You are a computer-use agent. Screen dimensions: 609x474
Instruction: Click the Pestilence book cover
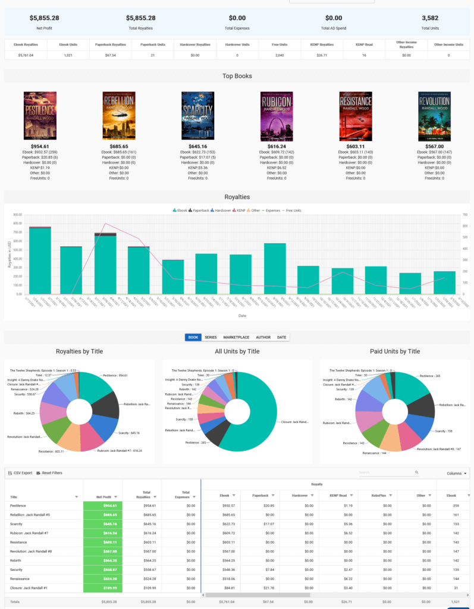pyautogui.click(x=40, y=115)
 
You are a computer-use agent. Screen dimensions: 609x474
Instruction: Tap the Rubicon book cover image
pyautogui.click(x=277, y=115)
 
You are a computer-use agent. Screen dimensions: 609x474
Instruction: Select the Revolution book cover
pyautogui.click(x=434, y=115)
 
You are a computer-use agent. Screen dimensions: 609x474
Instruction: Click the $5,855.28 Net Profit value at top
pyautogui.click(x=44, y=18)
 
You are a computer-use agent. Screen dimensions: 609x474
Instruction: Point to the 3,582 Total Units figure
pyautogui.click(x=429, y=18)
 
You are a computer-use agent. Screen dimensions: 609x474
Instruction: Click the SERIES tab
pyautogui.click(x=211, y=337)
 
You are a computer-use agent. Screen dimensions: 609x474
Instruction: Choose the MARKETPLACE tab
pyautogui.click(x=236, y=337)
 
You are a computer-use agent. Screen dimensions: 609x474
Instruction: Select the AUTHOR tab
pyautogui.click(x=263, y=337)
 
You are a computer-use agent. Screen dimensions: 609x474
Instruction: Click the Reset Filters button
pyautogui.click(x=49, y=473)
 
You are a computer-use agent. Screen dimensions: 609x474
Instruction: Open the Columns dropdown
pyautogui.click(x=456, y=473)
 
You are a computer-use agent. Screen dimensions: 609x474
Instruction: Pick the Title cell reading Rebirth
pyautogui.click(x=17, y=560)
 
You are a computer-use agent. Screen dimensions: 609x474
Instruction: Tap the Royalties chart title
pyautogui.click(x=237, y=197)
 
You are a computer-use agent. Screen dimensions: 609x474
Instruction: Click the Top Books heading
pyautogui.click(x=237, y=76)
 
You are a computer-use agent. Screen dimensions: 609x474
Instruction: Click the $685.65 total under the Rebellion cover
pyautogui.click(x=119, y=146)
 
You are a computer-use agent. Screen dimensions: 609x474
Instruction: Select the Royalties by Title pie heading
pyautogui.click(x=79, y=351)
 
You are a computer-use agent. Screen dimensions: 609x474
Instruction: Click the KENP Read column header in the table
pyautogui.click(x=337, y=495)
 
